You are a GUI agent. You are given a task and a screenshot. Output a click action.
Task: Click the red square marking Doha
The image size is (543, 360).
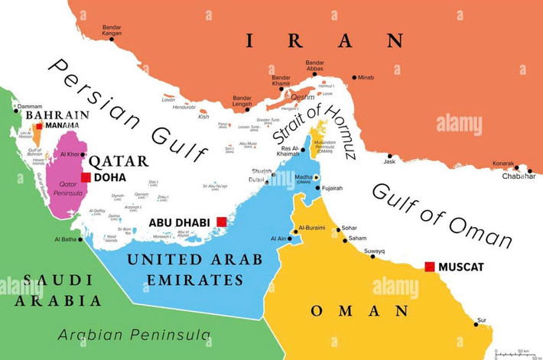click(x=86, y=177)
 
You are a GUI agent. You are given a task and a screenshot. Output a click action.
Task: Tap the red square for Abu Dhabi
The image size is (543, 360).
click(x=221, y=222)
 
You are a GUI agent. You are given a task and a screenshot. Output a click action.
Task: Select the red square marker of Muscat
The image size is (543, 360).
click(x=430, y=267)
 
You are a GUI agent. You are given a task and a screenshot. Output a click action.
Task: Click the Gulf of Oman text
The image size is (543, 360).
click(x=441, y=215)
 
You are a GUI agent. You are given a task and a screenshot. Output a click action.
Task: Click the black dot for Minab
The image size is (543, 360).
click(x=354, y=77)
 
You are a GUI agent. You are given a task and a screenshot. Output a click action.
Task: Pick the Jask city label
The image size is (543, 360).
click(x=390, y=162)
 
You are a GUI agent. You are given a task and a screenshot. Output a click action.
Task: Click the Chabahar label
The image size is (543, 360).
click(x=519, y=177)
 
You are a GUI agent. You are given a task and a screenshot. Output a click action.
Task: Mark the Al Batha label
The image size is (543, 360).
click(x=66, y=239)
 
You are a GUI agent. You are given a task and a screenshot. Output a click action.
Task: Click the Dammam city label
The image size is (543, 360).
click(x=29, y=106)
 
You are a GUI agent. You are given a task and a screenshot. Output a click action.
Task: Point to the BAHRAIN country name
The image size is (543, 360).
click(x=57, y=115)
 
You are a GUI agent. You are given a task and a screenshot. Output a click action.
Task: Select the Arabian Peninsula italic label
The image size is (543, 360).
click(x=135, y=335)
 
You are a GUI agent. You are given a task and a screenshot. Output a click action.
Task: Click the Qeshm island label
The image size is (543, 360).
click(x=302, y=97)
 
